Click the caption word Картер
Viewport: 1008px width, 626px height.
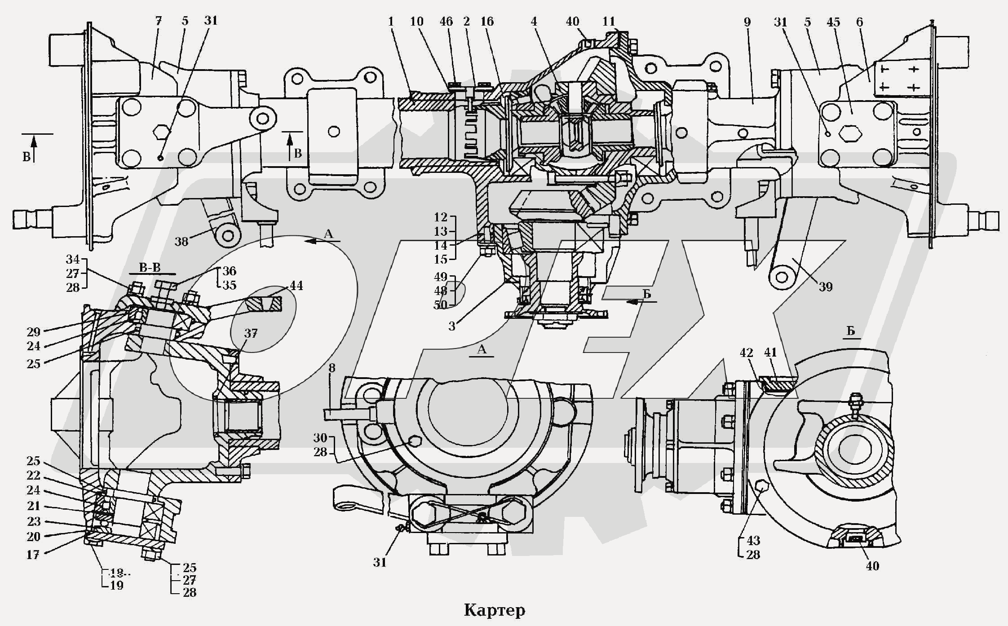tap(494, 610)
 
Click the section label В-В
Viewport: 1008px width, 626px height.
tap(150, 268)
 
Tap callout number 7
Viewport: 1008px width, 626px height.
tap(158, 21)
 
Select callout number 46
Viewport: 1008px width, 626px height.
tap(446, 22)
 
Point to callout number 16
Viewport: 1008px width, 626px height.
tap(487, 22)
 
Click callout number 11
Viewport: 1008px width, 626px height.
tap(609, 21)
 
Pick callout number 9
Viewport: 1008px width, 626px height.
tap(747, 22)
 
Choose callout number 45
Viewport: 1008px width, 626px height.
tap(833, 22)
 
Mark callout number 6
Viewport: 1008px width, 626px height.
tap(859, 22)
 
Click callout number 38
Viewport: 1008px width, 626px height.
tap(181, 242)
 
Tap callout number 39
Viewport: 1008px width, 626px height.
tap(826, 287)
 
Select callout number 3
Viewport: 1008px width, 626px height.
tap(451, 326)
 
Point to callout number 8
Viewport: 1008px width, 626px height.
tap(332, 368)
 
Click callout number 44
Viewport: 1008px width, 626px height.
tap(296, 286)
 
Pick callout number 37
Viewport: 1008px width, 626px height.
tap(251, 333)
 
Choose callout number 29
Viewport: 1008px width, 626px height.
tap(34, 332)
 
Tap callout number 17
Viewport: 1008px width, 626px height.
tap(33, 555)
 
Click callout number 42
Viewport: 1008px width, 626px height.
tap(746, 353)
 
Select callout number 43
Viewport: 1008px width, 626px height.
tap(753, 540)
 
